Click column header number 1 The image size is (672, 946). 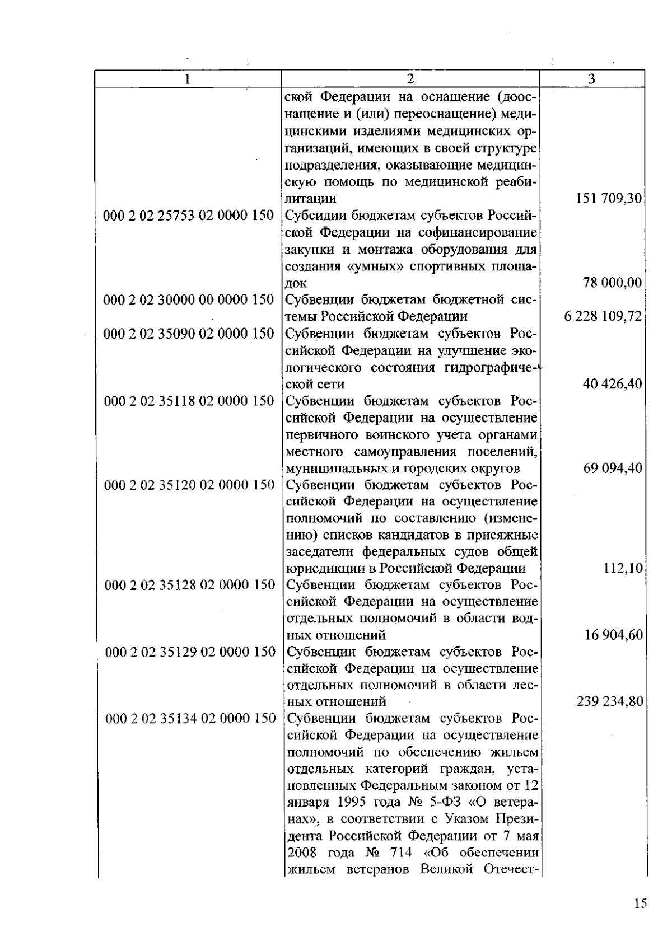pos(187,79)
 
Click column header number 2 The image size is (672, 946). pos(410,79)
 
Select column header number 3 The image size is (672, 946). pos(591,79)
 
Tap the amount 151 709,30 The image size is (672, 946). pos(609,199)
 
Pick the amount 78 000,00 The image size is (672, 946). pos(613,283)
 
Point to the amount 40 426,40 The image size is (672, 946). pos(613,384)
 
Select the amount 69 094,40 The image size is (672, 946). pos(613,468)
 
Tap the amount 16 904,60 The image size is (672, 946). pos(613,635)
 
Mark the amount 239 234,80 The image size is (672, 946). pos(609,701)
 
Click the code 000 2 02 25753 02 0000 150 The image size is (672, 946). pos(189,216)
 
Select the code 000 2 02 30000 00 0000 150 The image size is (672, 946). pos(189,300)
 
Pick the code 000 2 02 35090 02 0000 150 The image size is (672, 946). pos(189,334)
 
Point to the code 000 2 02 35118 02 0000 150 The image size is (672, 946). pos(189,401)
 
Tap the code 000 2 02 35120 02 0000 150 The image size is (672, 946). pos(189,485)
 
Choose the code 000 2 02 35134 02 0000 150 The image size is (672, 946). pos(190,718)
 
